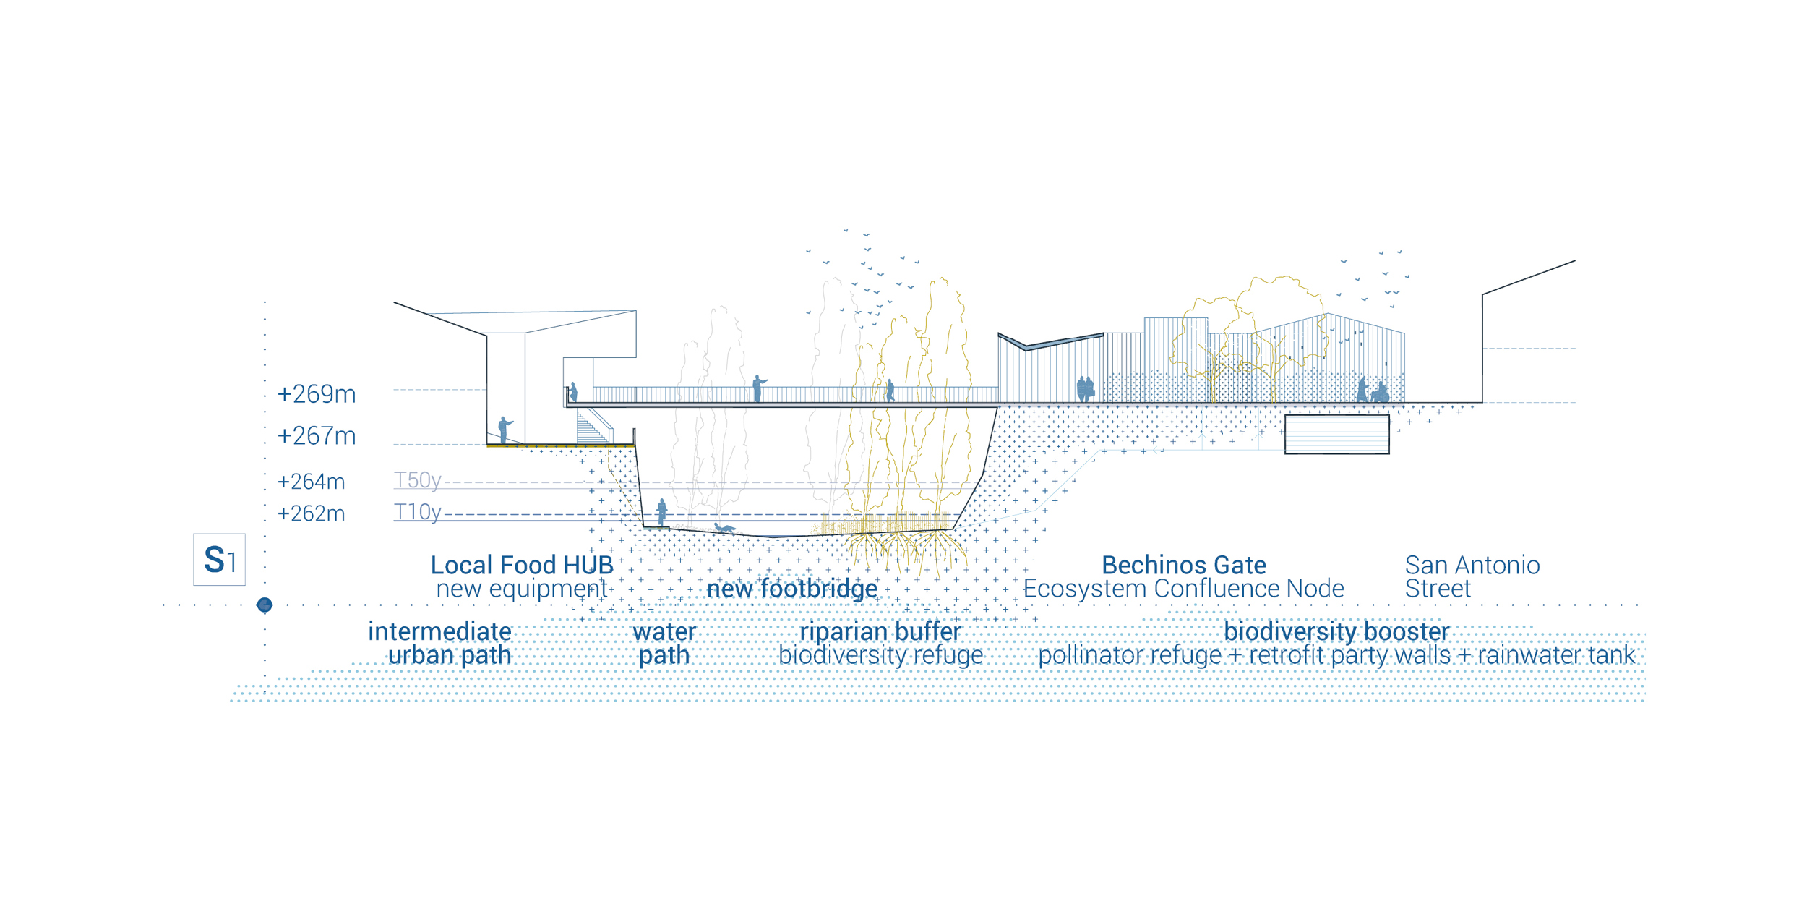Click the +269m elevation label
coord(317,394)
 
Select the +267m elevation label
coord(317,436)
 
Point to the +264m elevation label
coord(312,482)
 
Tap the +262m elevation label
coord(312,513)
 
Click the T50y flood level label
coord(418,481)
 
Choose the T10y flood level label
coord(418,513)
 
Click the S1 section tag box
coord(219,559)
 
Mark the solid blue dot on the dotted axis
coord(265,605)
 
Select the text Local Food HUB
coord(522,565)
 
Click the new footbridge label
coord(792,589)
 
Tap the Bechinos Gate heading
coord(1184,565)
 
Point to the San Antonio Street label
coord(1472,576)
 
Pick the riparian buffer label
coord(880,631)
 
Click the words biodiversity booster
coord(1336,631)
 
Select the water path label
coord(664,644)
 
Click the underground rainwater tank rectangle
coord(1336,434)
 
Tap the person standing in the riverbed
coord(662,512)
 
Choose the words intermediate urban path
coord(440,644)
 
